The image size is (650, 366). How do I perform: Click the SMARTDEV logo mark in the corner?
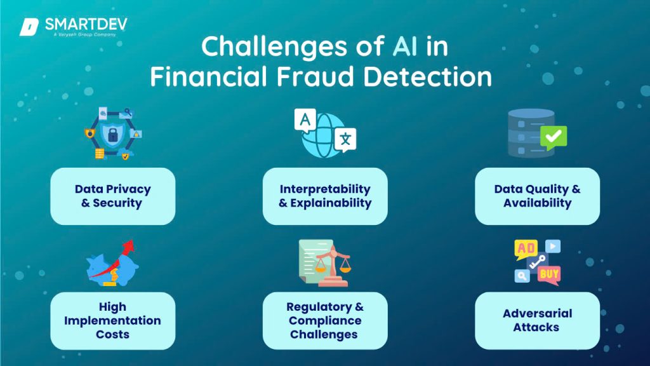coord(29,27)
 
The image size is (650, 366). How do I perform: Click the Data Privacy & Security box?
coord(112,196)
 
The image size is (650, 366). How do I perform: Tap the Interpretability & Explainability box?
coord(325,196)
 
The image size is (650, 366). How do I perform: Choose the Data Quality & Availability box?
coord(537,196)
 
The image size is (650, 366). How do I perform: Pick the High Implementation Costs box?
coord(112,320)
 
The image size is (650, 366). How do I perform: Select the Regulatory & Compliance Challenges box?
coord(325,320)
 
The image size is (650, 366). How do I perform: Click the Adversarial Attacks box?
coord(537,320)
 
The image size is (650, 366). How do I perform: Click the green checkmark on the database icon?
coord(552,136)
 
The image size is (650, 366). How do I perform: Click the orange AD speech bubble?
coord(526,248)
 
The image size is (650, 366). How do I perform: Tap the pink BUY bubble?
coord(548,274)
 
